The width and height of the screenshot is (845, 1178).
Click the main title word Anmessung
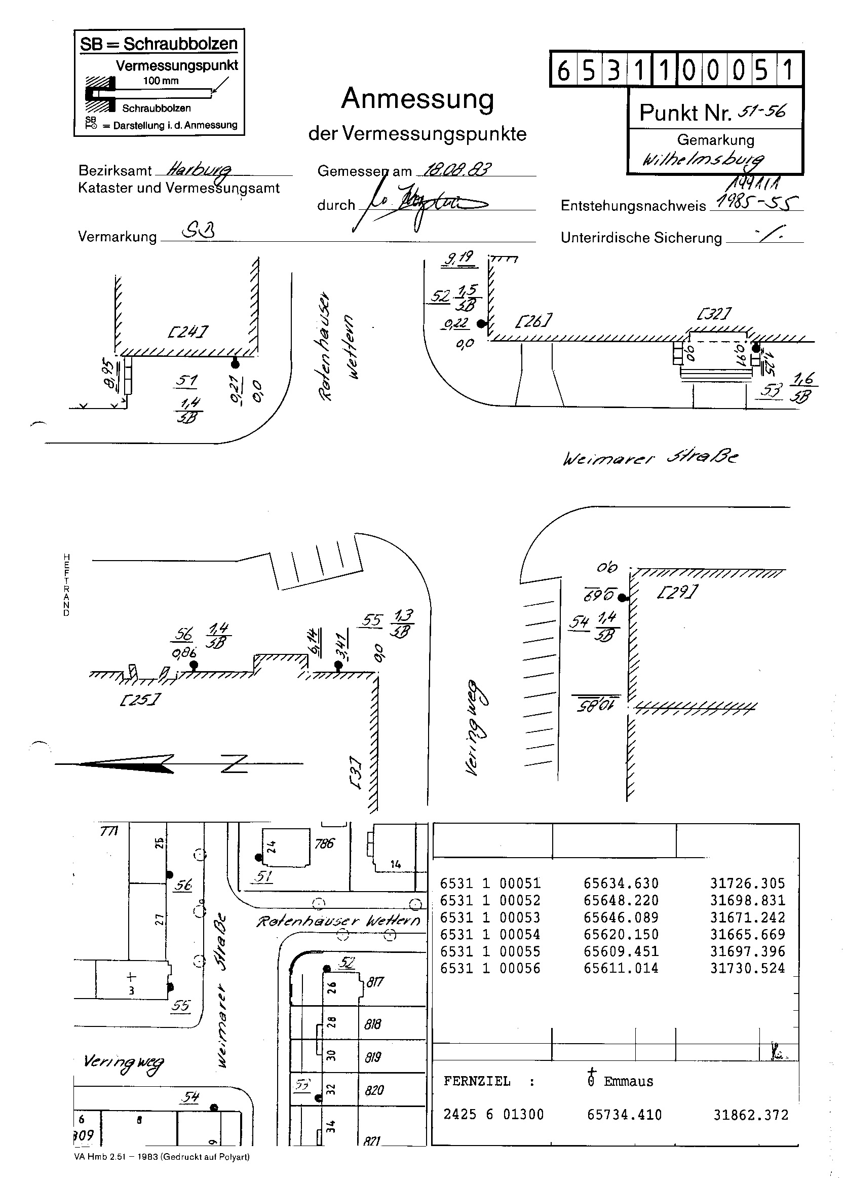[417, 99]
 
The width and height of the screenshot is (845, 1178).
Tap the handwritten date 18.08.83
[457, 169]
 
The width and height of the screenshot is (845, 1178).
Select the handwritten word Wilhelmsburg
[704, 159]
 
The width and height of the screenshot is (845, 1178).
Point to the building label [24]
[188, 332]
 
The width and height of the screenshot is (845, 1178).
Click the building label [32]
[714, 314]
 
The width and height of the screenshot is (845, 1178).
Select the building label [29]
[677, 592]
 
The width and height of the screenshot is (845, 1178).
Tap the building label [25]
[140, 699]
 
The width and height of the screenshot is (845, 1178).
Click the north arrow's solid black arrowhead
[125, 763]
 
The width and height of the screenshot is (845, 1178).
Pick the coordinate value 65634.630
[621, 883]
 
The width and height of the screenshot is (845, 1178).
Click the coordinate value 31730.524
[747, 968]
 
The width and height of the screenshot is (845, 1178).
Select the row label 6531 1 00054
[490, 934]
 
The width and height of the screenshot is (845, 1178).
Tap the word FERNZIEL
[477, 1081]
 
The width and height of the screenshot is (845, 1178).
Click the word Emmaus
[628, 1081]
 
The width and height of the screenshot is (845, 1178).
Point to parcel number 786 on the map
[324, 843]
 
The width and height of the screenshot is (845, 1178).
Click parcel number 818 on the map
[373, 1024]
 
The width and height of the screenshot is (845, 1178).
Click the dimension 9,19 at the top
[459, 258]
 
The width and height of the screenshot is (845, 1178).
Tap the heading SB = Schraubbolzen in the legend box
[159, 44]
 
